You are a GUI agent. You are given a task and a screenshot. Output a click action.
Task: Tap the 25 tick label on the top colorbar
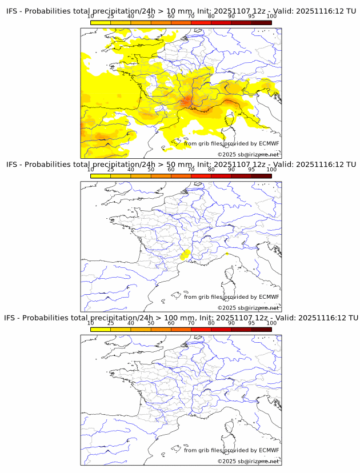(111, 17)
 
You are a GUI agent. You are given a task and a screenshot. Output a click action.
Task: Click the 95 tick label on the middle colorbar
(251, 170)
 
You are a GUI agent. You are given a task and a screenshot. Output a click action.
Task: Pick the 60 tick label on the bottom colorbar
(171, 323)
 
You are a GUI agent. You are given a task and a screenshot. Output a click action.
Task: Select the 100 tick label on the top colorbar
(271, 17)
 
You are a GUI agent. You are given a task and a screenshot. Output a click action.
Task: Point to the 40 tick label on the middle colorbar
(131, 170)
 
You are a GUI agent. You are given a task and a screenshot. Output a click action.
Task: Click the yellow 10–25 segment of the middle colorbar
(101, 176)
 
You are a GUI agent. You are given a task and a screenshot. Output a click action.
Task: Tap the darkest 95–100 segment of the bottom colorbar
(261, 329)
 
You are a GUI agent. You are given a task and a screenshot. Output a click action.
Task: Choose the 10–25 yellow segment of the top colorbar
(101, 23)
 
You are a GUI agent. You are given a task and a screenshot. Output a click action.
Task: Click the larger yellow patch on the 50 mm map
(185, 255)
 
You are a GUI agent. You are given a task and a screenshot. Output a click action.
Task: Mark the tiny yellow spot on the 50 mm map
(227, 253)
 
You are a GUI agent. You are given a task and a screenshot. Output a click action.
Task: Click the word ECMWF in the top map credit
(269, 144)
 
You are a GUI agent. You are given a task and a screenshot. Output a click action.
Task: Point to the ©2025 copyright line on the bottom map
(248, 461)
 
